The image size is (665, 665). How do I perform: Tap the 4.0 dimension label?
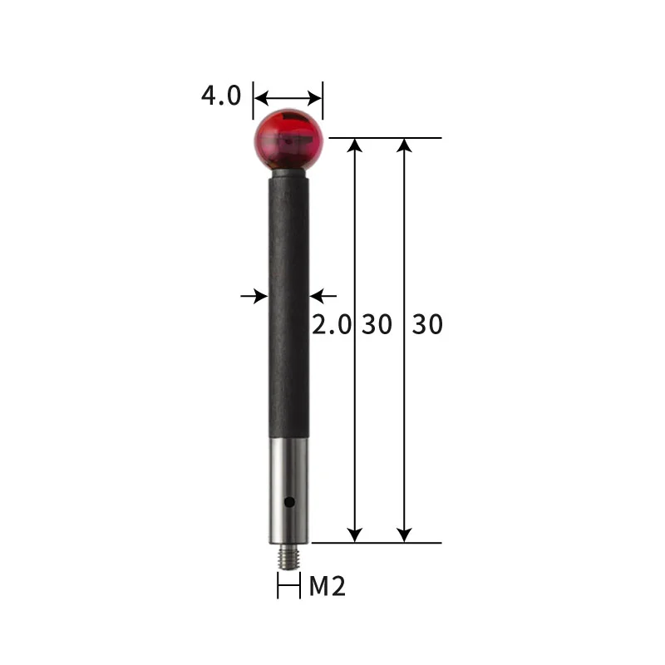point(220,95)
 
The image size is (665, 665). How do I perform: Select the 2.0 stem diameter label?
point(332,324)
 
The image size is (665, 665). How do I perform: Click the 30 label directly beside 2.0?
point(377,324)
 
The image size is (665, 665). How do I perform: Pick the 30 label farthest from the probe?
point(427,324)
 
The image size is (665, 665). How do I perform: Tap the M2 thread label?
point(327,587)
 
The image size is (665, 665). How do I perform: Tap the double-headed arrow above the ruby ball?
point(288,96)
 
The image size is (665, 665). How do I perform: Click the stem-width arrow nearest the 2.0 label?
point(324,295)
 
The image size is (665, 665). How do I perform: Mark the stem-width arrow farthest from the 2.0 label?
point(253,295)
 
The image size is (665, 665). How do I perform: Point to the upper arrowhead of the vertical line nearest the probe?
point(355,145)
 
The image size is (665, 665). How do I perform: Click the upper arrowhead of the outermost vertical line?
point(405,145)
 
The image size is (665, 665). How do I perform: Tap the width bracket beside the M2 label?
point(288,587)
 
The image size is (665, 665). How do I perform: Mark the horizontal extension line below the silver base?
point(374,543)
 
